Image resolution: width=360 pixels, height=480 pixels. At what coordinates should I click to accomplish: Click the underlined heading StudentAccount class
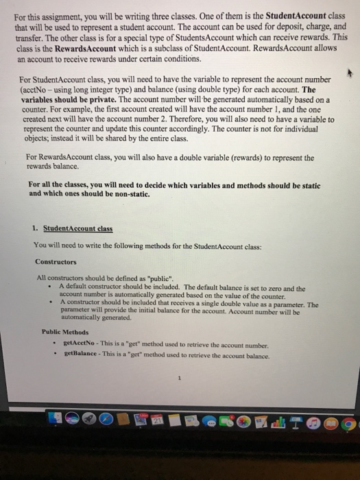tap(77, 228)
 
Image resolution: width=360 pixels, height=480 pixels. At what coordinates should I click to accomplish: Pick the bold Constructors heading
tap(56, 261)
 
